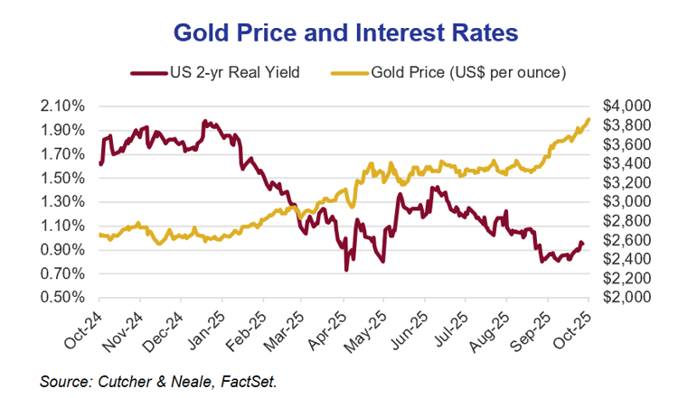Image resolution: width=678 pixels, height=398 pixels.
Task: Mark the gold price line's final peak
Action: click(x=589, y=118)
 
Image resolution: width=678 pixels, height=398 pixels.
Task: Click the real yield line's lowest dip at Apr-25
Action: click(x=345, y=270)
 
